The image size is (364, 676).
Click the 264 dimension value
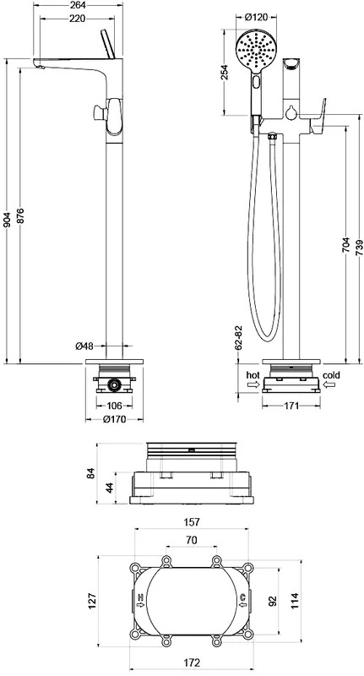[x=78, y=5]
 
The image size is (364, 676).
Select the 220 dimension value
[x=77, y=18]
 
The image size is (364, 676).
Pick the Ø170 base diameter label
[x=115, y=419]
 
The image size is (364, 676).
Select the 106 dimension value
[x=113, y=406]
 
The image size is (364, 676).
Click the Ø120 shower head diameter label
[x=256, y=17]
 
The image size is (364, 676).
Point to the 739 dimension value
[x=360, y=248]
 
